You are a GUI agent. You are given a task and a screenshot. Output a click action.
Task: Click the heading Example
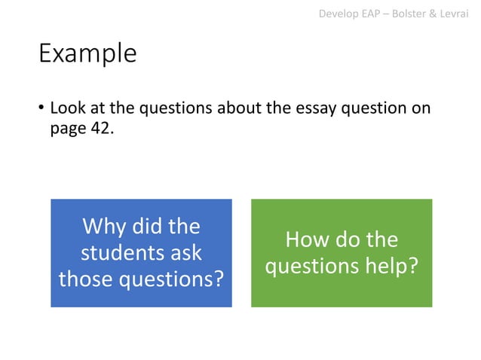point(87,54)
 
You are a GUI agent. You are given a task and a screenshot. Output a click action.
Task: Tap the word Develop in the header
point(339,12)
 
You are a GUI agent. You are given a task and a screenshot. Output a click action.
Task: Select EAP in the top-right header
point(373,12)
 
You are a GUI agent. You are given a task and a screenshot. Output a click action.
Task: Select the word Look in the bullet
point(66,108)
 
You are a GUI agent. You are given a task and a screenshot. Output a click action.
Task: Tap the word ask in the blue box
point(184,252)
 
